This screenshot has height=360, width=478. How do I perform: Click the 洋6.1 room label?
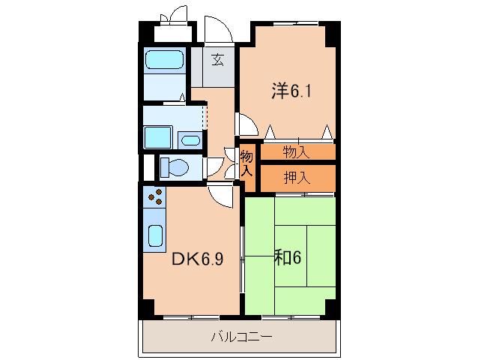point(291,91)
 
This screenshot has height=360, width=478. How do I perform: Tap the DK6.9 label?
point(198,259)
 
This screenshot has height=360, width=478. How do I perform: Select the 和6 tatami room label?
point(288,257)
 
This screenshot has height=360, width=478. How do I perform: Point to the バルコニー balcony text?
point(242,337)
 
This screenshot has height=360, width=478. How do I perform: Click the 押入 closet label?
point(297,178)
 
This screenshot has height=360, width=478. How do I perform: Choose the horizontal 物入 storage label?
point(296,152)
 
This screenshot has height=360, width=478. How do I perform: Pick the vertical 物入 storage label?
point(246,163)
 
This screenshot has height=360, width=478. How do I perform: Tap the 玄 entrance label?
point(218,59)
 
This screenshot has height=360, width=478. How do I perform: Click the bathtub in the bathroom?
point(164,60)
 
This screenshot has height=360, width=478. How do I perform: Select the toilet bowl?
point(174,167)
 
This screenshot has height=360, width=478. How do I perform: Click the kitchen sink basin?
point(156,235)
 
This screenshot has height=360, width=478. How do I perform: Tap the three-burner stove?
point(155,197)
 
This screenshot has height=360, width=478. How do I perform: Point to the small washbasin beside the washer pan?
point(190,141)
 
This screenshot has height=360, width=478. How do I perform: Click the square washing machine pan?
point(157,137)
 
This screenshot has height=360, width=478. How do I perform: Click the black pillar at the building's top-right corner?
point(333,34)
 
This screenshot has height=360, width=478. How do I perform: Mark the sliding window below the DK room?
point(191,317)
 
